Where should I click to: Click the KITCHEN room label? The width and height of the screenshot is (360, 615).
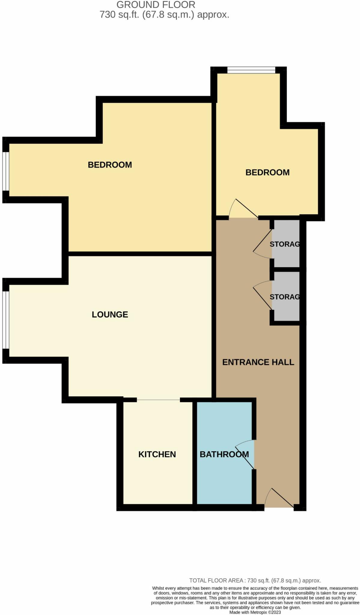pos(157,454)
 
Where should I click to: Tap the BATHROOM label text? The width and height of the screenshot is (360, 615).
pos(224,454)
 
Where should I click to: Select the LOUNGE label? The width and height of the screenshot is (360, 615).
pos(110,314)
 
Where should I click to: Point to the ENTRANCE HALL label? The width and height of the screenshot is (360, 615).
pos(258,362)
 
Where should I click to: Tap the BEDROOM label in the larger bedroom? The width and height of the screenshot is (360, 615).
pos(110,165)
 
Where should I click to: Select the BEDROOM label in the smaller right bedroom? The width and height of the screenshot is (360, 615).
pos(267,172)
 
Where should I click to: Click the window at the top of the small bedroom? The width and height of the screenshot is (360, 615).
pos(251,70)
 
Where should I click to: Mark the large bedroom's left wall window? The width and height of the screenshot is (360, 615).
pos(6,171)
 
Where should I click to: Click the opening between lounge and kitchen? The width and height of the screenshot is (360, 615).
pos(158,400)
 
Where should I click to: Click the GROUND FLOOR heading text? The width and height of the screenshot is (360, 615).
pos(156,5)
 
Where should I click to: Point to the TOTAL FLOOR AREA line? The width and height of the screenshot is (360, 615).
pos(255,580)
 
